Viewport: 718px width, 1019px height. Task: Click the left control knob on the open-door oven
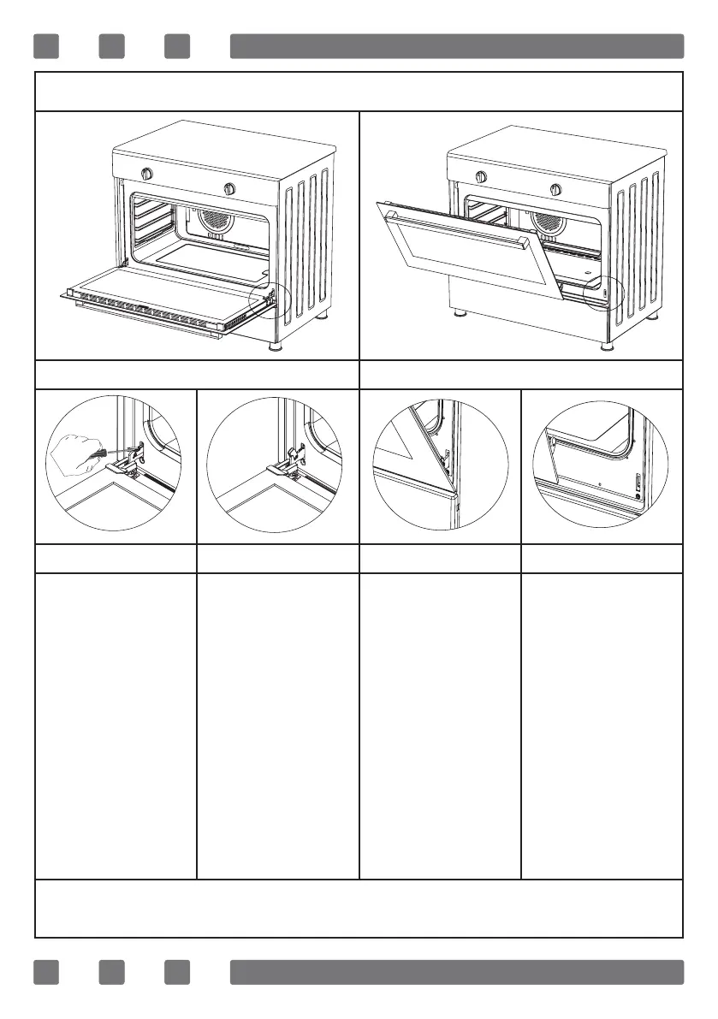click(x=146, y=175)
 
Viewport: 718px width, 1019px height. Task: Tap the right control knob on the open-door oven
click(x=228, y=188)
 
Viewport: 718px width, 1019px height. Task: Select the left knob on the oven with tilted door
click(x=481, y=177)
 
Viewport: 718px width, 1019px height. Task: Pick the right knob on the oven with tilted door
click(x=555, y=188)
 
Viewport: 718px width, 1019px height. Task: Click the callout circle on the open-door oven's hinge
click(x=269, y=299)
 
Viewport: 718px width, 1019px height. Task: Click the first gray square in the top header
click(x=46, y=46)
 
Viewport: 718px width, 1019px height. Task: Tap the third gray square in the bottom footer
click(x=177, y=972)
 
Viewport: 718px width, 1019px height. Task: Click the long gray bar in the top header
click(x=457, y=46)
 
